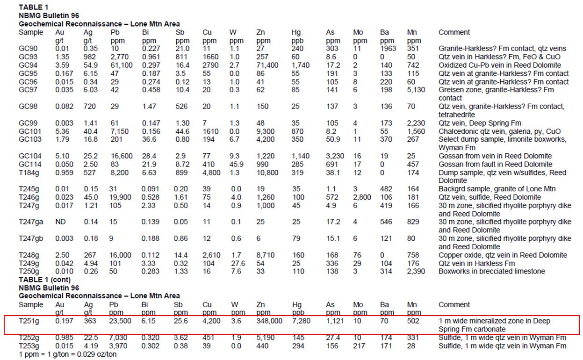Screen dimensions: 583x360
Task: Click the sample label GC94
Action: pos(28,65)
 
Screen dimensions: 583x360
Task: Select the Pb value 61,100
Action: pos(122,65)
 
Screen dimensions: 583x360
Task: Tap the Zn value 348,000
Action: pos(269,321)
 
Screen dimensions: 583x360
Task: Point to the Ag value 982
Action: pos(90,57)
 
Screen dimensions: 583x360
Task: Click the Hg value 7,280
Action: pos(301,321)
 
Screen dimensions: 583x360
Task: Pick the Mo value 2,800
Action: pos(362,197)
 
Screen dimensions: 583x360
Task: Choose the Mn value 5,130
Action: pos(416,90)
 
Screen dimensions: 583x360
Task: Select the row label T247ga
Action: pos(31,222)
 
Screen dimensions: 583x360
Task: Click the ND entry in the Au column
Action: pos(60,222)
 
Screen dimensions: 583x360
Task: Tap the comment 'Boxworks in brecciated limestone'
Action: pos(491,271)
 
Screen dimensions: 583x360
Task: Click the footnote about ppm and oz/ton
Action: pos(68,354)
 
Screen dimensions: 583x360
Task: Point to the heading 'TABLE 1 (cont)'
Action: pos(44,280)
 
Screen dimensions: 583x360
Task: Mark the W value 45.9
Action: pos(236,164)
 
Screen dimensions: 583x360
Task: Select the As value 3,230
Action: pos(335,156)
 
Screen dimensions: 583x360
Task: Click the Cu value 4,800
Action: pos(211,173)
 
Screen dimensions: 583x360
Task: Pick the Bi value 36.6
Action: pos(149,139)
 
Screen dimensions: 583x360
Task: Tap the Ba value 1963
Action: pos(388,49)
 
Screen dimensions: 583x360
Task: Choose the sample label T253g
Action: pos(29,346)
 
